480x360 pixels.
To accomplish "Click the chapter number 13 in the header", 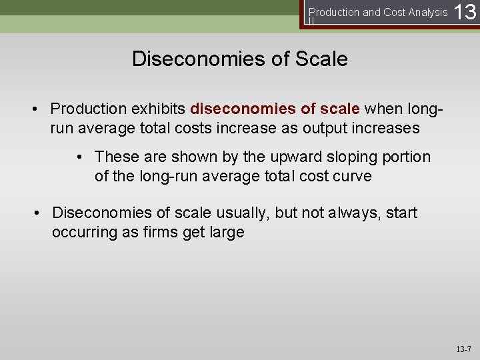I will [x=465, y=13].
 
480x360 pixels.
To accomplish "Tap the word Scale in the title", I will [x=317, y=59].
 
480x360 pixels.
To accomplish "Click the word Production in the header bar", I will [x=333, y=12].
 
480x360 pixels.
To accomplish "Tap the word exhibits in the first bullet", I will [x=159, y=108].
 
